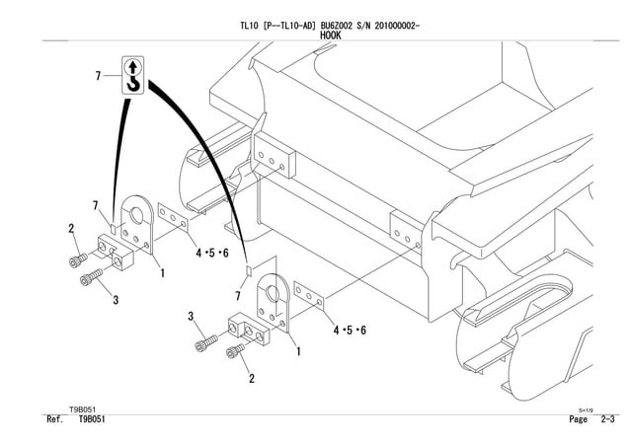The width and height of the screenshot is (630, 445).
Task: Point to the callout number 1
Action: pos(162,271)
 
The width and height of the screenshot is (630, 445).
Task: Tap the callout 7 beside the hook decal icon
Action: pos(98,77)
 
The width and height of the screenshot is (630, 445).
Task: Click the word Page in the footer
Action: pos(579,420)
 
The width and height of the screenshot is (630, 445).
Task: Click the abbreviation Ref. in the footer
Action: pos(55,420)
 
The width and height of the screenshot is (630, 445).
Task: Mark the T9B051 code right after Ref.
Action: pos(92,420)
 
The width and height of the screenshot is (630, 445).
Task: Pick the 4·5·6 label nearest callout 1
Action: pos(212,254)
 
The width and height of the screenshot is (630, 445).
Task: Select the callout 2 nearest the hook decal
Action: pos(71,229)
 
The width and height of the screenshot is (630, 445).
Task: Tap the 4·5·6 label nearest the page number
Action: pos(350,329)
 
